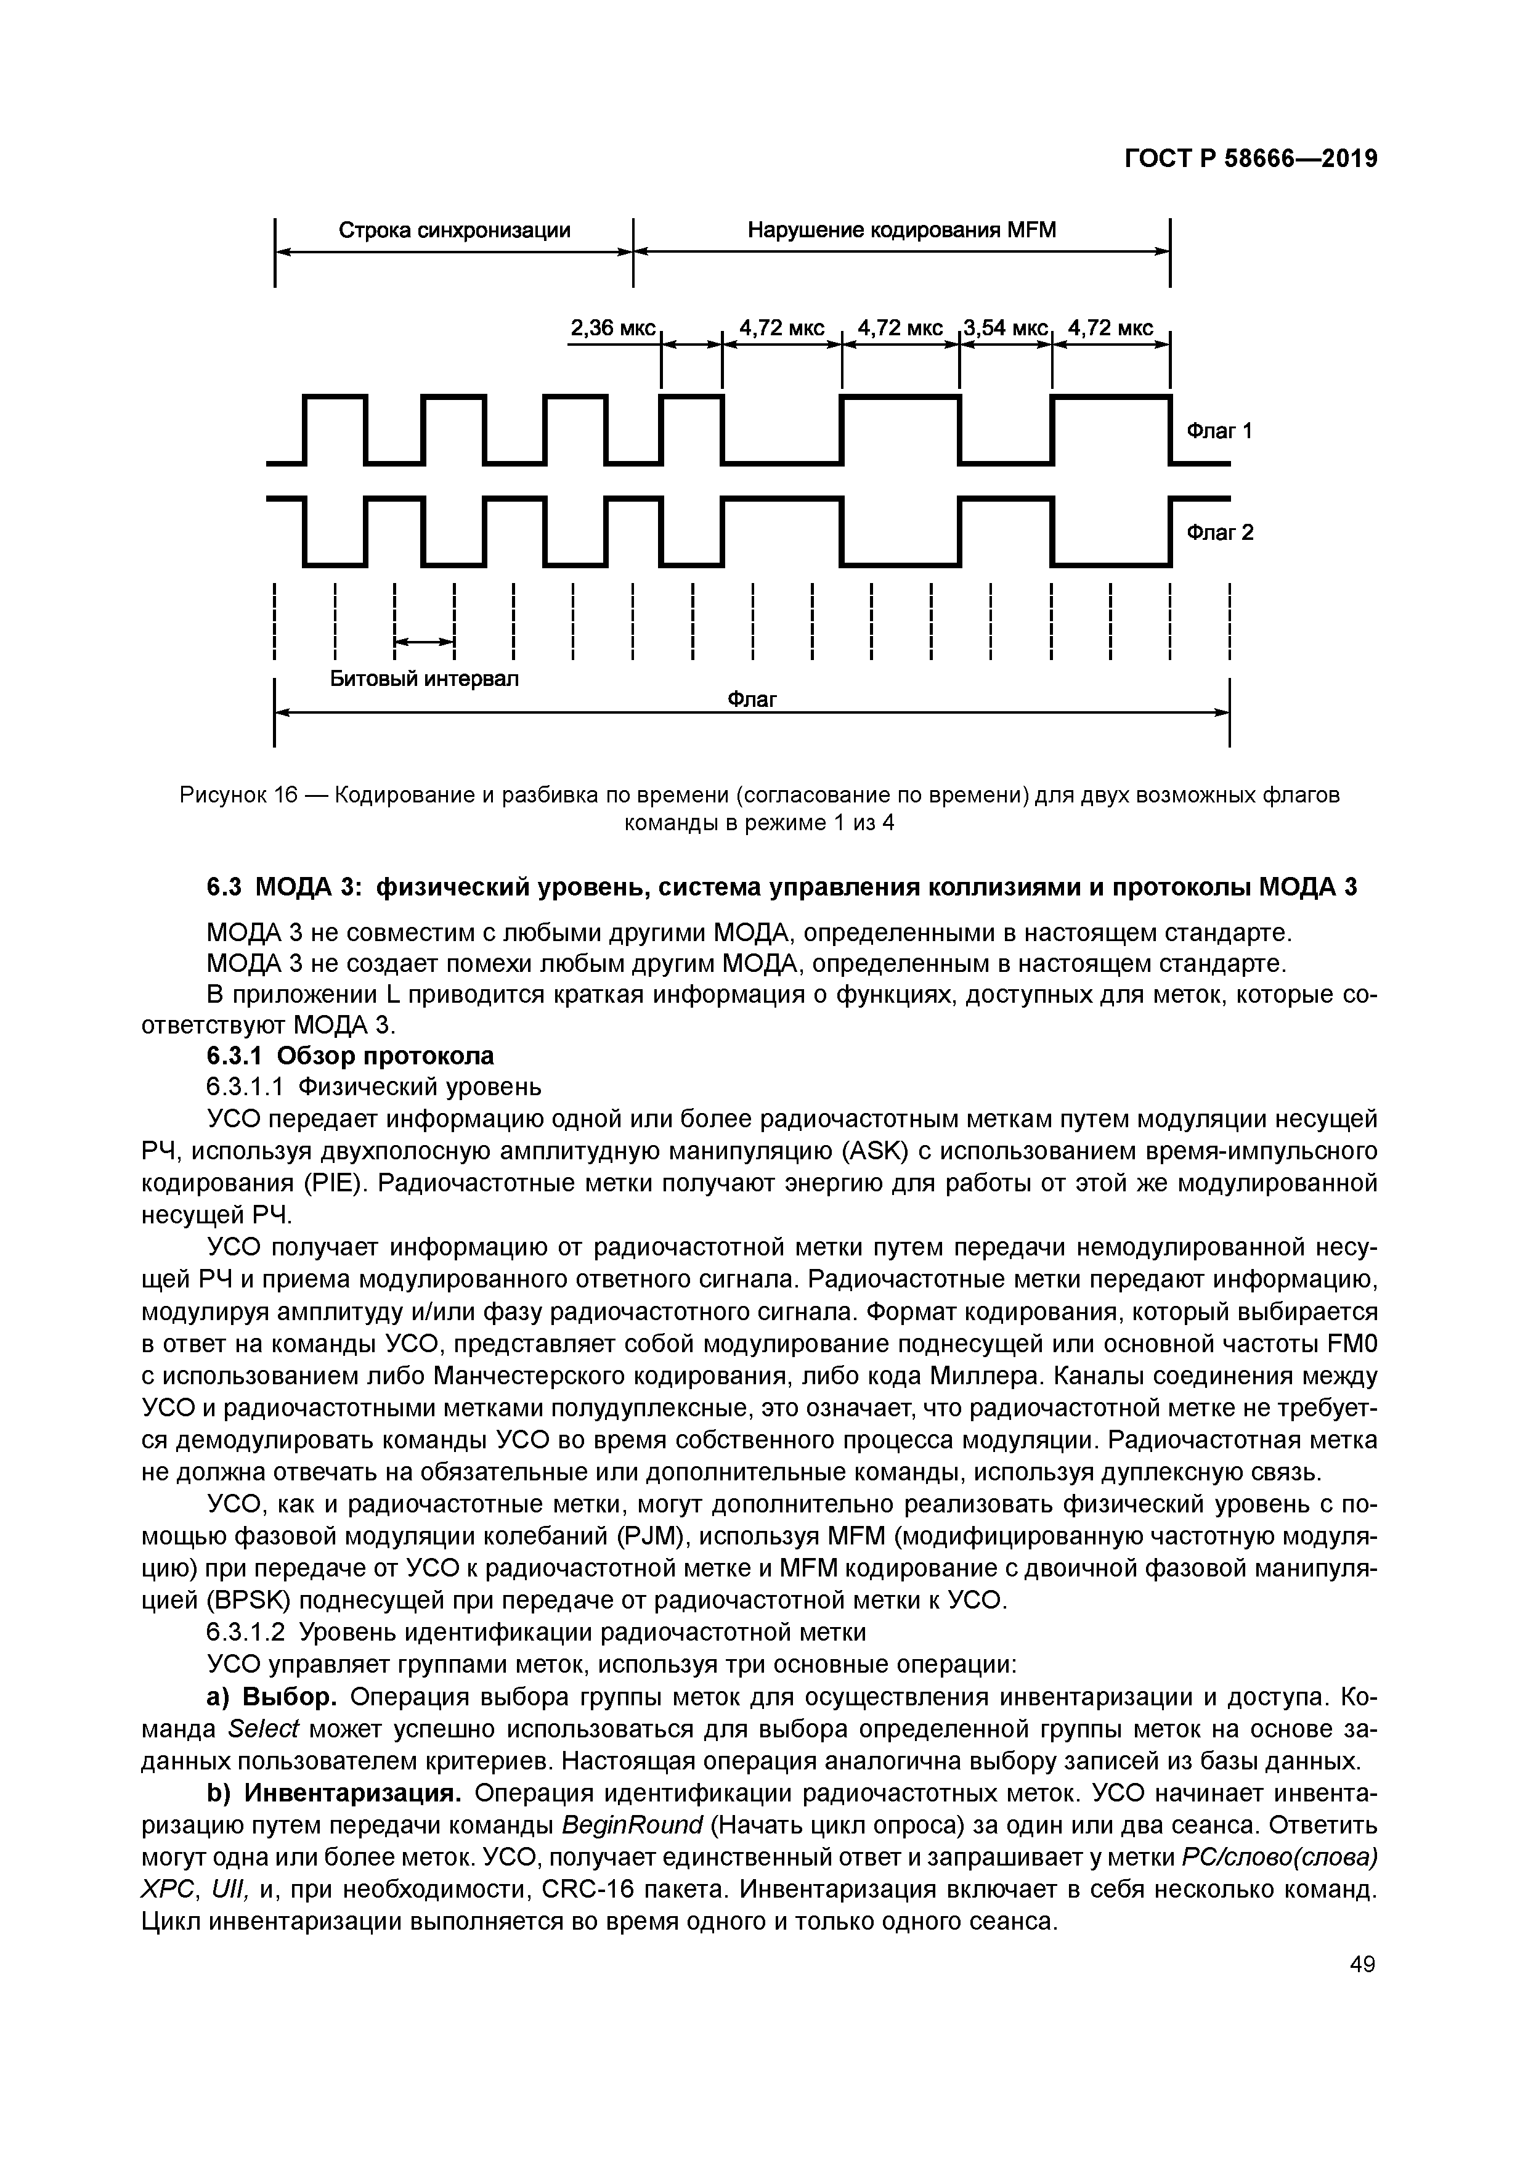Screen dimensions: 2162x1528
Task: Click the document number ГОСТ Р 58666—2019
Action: click(1251, 159)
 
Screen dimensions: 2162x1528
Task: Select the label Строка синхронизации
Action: click(454, 230)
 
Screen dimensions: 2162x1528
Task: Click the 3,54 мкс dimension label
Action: click(1006, 328)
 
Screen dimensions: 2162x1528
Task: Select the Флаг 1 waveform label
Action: click(1219, 431)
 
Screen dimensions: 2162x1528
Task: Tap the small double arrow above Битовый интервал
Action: click(424, 642)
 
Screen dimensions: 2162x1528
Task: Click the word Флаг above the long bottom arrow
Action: click(752, 700)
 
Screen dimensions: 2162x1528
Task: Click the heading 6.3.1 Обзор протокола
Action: click(350, 1056)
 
